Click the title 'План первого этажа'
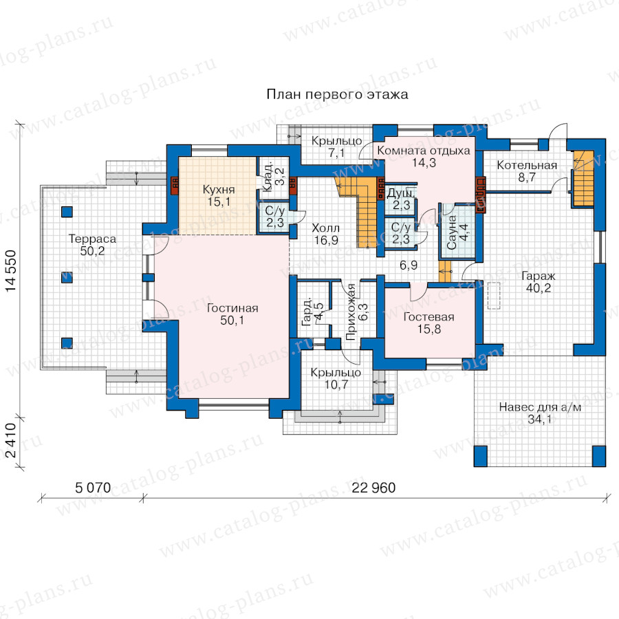(x=337, y=95)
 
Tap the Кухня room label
(x=219, y=190)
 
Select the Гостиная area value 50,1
(x=232, y=320)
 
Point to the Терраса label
(x=92, y=239)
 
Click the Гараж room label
(x=539, y=276)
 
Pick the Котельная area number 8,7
(x=527, y=177)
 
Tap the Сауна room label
(x=452, y=232)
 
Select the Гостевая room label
(x=428, y=316)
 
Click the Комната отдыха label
(x=424, y=151)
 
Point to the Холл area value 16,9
(x=326, y=240)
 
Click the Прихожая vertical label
(x=350, y=312)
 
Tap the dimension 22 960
(x=373, y=488)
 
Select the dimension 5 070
(x=93, y=488)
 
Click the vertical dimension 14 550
(x=10, y=271)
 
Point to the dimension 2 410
(x=10, y=441)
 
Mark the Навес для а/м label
(x=540, y=407)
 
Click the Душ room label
(x=401, y=193)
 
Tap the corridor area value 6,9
(x=409, y=265)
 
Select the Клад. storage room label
(x=268, y=175)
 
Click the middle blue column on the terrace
(x=67, y=277)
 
